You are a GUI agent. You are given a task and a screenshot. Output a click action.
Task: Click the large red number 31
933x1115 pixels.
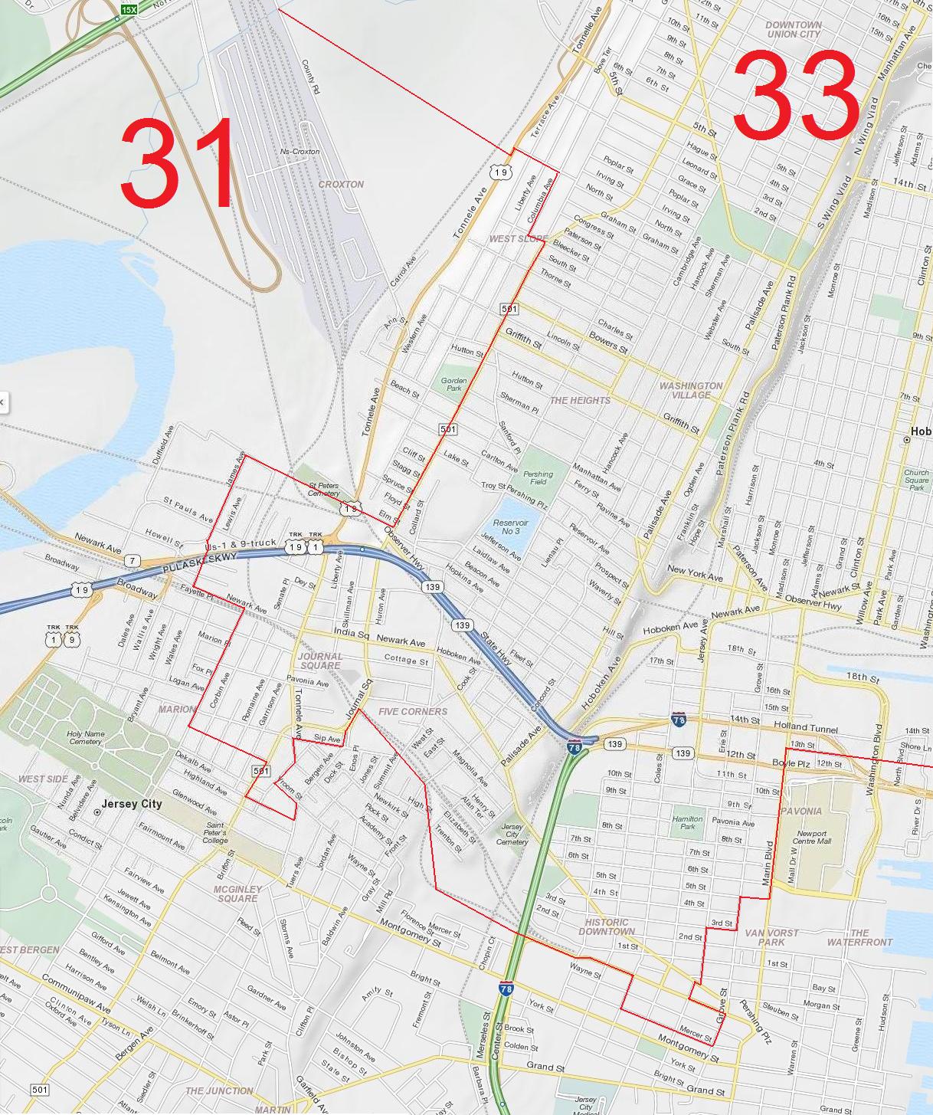pos(178,164)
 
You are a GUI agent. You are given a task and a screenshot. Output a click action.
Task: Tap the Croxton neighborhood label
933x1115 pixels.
pos(341,185)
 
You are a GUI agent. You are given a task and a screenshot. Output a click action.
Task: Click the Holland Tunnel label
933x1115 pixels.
pos(805,729)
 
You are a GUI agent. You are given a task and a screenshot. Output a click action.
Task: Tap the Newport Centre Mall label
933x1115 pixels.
pos(811,838)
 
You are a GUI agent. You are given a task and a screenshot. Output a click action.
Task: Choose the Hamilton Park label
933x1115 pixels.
pos(687,823)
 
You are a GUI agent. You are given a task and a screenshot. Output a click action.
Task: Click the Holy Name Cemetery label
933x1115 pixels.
pos(85,737)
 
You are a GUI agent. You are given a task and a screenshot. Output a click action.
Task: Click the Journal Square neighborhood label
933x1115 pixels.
pos(320,661)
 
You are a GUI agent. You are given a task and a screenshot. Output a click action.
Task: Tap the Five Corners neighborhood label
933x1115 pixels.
pos(412,712)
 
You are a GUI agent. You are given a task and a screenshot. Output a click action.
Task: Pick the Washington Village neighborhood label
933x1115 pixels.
pos(690,390)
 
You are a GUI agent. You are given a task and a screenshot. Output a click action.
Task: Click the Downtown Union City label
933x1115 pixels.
pos(794,29)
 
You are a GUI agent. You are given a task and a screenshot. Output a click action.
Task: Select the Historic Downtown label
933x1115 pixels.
pos(607,926)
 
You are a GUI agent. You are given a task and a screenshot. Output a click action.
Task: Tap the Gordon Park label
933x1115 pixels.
pos(453,384)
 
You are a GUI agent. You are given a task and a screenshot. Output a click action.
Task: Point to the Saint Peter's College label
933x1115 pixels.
pos(215,833)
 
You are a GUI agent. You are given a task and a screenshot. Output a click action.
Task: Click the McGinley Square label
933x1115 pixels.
pos(237,894)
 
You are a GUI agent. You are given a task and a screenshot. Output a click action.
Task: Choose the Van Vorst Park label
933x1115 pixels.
pos(771,937)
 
